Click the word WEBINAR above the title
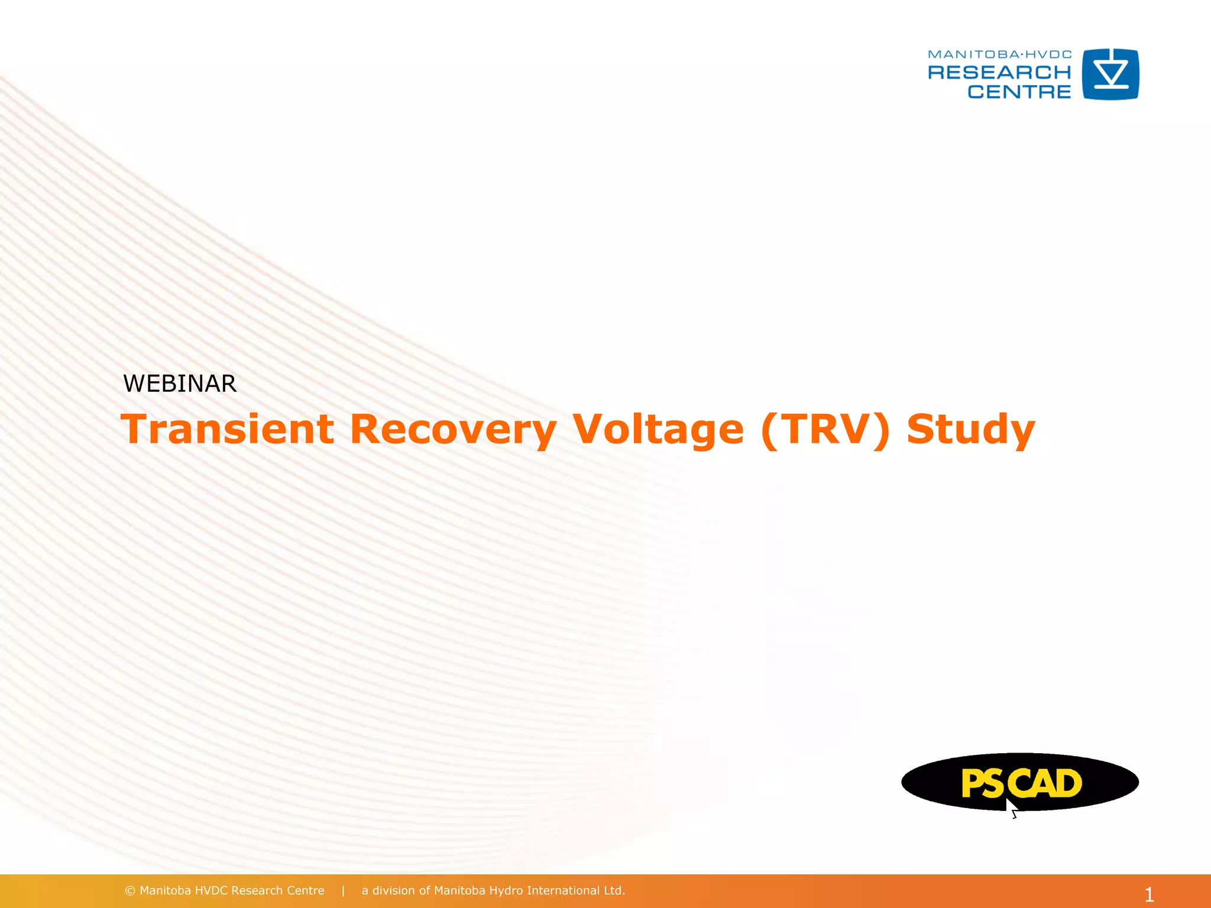[180, 384]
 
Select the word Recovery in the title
[452, 430]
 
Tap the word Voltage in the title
[658, 430]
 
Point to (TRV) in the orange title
[825, 430]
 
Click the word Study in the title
[970, 430]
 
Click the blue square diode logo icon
[1110, 74]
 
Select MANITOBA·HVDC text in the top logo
[999, 54]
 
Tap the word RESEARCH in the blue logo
[999, 73]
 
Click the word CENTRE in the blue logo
[1019, 92]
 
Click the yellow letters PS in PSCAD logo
[982, 784]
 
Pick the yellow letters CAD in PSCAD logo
[1045, 783]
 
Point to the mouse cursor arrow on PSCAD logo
[1012, 808]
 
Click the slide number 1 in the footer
[1149, 894]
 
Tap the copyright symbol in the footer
[130, 891]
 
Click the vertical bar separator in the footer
[343, 891]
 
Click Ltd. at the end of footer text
[614, 891]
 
